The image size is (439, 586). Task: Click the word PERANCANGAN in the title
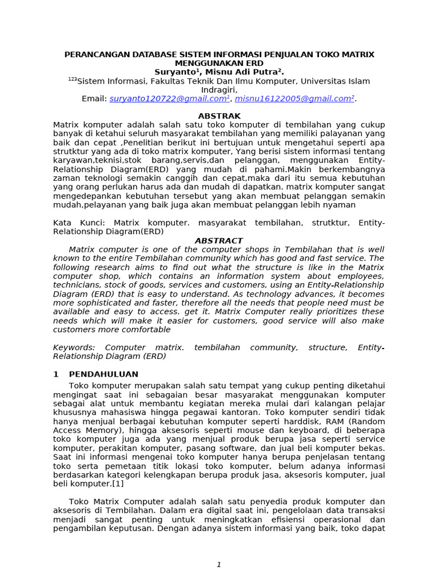tap(93, 54)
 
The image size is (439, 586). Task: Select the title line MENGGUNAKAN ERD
tap(219, 63)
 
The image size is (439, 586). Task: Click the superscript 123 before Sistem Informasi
tap(72, 80)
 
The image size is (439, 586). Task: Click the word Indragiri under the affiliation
tap(218, 90)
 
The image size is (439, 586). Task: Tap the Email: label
tap(94, 99)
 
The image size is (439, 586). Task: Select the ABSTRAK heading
tap(219, 116)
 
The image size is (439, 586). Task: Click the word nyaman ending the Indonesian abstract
tap(341, 205)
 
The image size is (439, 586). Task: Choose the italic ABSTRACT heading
tap(219, 241)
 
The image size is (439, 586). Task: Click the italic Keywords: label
tap(74, 347)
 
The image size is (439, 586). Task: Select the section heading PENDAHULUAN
tap(103, 374)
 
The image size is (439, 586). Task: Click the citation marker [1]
tap(117, 484)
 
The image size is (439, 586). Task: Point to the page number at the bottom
tap(219, 565)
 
